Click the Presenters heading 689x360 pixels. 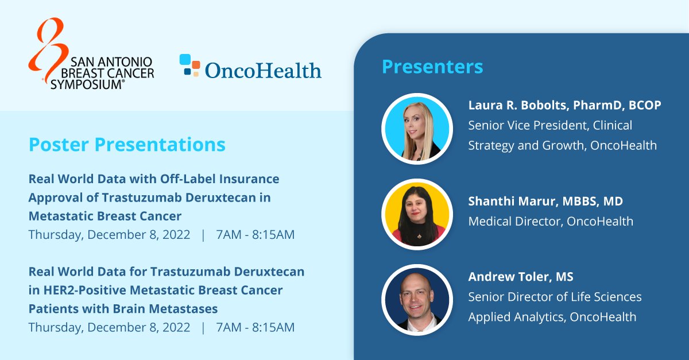(432, 67)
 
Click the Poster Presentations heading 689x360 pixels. (127, 145)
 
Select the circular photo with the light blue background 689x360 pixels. (417, 129)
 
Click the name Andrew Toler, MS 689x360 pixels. (521, 277)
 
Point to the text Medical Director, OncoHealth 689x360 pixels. (551, 221)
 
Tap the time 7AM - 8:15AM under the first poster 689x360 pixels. (255, 235)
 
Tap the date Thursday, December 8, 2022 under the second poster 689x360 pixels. (109, 327)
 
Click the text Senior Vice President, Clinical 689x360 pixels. (549, 125)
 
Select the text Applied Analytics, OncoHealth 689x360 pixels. (552, 317)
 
